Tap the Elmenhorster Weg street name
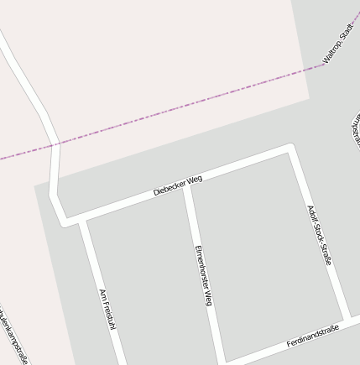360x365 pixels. pyautogui.click(x=203, y=275)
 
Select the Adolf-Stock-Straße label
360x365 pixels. pyautogui.click(x=320, y=235)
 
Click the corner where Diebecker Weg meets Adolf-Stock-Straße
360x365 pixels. pyautogui.click(x=291, y=149)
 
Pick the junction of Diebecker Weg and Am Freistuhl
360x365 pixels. pyautogui.click(x=81, y=221)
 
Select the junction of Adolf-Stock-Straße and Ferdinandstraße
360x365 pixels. pyautogui.click(x=347, y=319)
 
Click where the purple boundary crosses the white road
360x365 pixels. pyautogui.click(x=55, y=144)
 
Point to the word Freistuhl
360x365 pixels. pyautogui.click(x=108, y=318)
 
